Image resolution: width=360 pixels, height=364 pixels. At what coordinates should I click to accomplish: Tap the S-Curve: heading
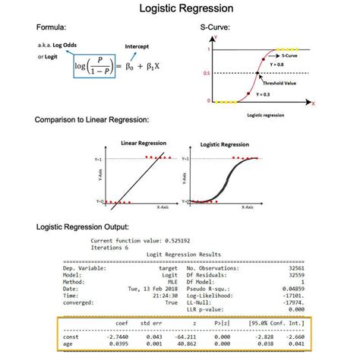pos(216,28)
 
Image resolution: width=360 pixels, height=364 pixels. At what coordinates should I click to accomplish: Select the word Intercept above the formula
pos(136,47)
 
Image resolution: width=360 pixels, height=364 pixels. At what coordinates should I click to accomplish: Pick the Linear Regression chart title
pos(144,143)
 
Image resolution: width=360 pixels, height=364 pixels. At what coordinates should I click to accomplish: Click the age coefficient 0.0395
pos(118,343)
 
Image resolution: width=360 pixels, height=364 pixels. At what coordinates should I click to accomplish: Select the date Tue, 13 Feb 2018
pos(150,289)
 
